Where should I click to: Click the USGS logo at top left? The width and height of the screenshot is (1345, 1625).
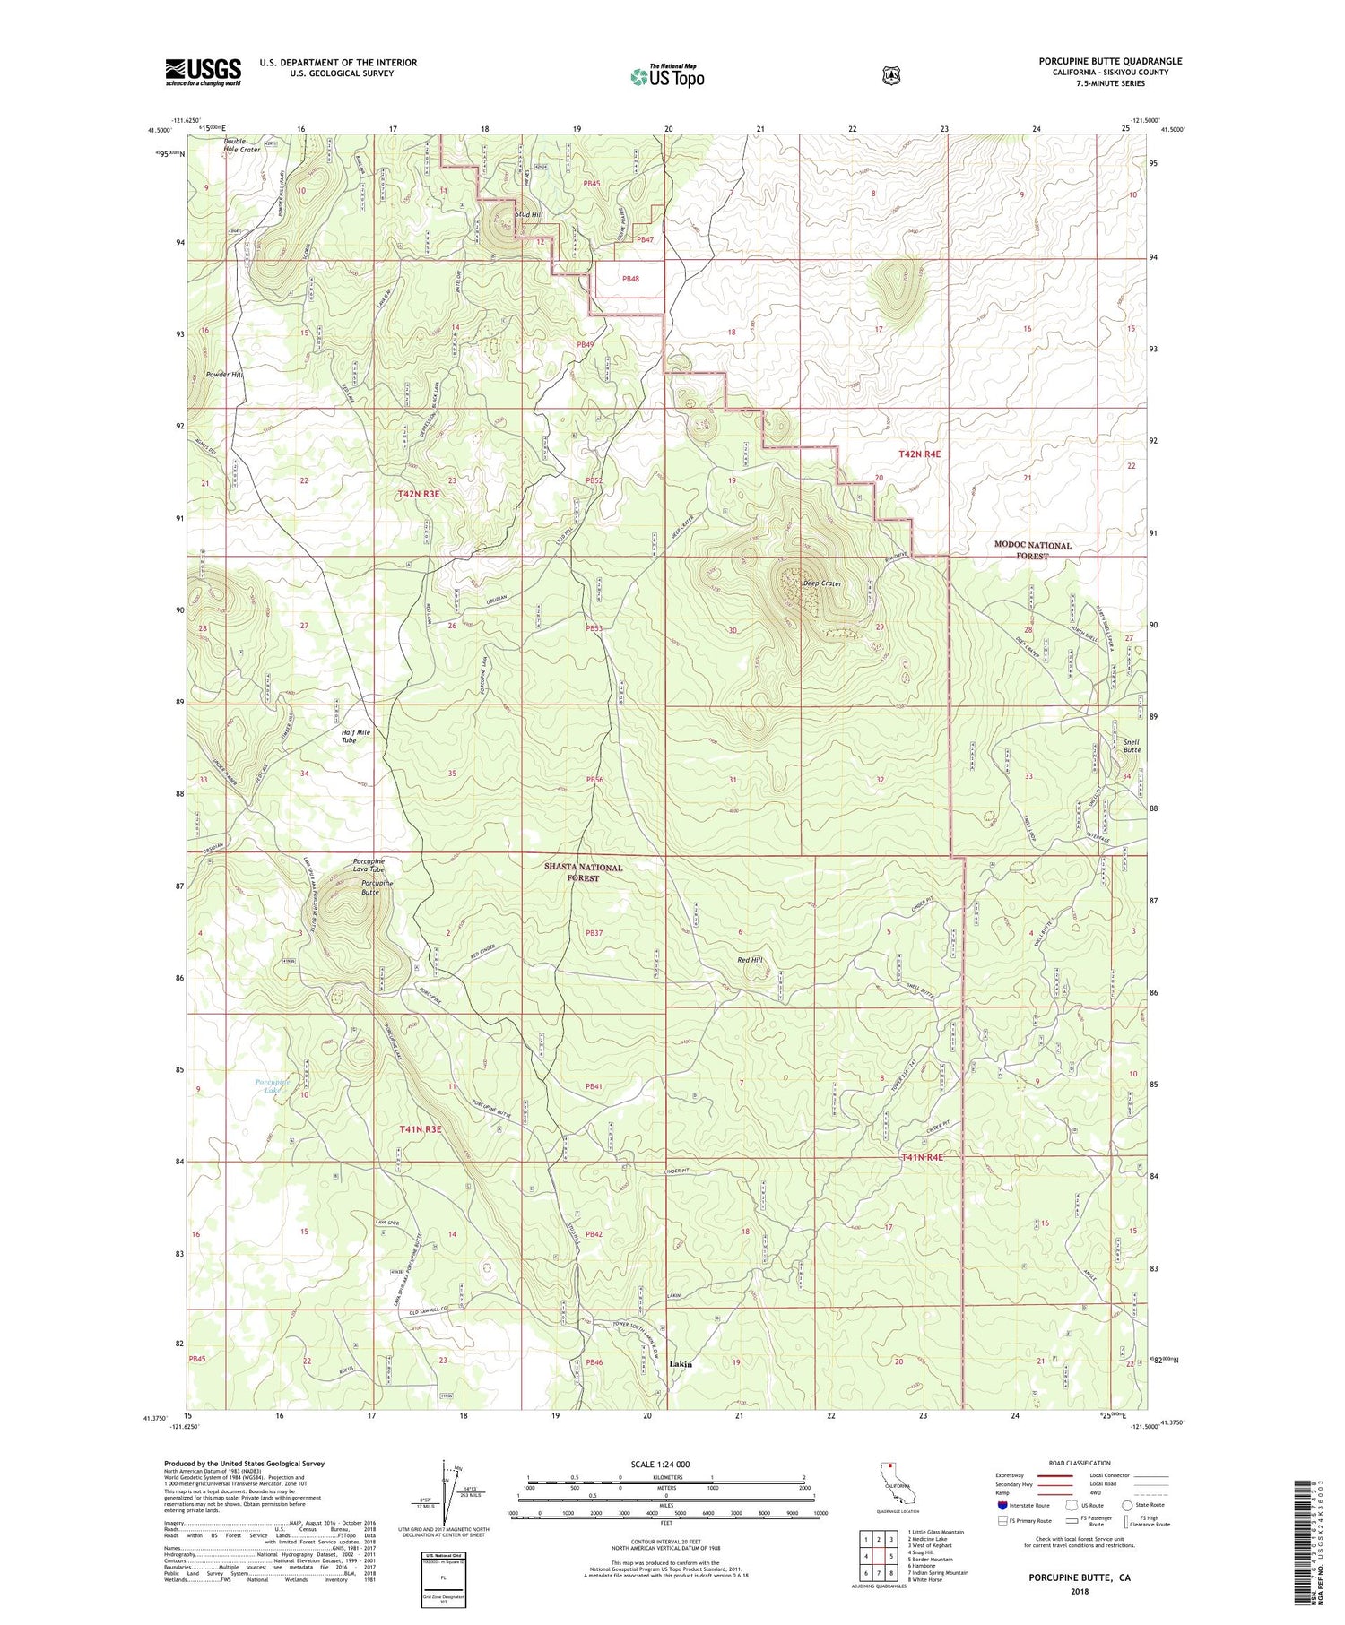coord(203,72)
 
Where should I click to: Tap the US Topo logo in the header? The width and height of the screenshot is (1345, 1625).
coord(667,76)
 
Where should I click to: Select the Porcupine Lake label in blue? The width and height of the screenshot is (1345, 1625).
coord(273,1085)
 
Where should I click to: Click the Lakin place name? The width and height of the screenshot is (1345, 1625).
coord(681,1364)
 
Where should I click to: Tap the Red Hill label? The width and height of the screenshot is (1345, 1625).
coord(750,960)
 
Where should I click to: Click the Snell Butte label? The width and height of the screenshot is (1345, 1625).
coord(1132,746)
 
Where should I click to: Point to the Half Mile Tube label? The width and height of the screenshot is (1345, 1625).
coord(355,736)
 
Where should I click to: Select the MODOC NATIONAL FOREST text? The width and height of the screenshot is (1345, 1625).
coord(1031,550)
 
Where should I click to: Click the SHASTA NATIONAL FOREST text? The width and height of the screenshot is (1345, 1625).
coord(583,872)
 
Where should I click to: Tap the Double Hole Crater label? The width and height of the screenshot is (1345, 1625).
coord(241,145)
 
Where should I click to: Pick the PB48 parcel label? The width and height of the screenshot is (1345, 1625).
coord(630,279)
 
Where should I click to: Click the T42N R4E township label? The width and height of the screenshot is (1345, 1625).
coord(920,454)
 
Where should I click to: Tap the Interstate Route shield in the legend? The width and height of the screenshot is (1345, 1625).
coord(1002,1505)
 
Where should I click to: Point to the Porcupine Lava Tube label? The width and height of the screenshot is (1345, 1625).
coord(369,866)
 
